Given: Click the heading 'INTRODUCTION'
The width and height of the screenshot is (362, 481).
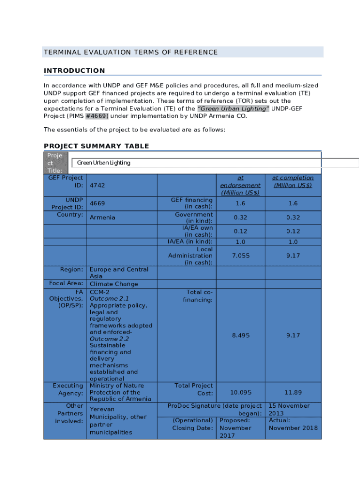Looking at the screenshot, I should [74, 71].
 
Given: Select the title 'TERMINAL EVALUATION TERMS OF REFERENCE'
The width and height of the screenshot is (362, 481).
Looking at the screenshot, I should [131, 52].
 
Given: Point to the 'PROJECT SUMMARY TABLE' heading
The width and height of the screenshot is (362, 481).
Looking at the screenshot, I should [96, 146].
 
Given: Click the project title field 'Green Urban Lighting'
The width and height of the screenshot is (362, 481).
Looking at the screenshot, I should [104, 163].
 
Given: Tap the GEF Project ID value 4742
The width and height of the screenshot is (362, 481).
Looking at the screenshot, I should [97, 186].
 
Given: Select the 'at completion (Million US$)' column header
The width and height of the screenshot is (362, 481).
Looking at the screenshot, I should [293, 181].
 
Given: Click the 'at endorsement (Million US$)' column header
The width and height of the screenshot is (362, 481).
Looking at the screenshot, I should [240, 185].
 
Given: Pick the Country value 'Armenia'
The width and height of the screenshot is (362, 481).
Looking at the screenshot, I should [102, 217].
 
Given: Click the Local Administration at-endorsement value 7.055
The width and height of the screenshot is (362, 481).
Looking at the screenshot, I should [241, 256].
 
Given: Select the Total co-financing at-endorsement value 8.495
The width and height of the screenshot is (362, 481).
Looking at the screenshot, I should [241, 335].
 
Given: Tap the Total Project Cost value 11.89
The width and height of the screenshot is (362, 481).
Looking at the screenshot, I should [293, 392].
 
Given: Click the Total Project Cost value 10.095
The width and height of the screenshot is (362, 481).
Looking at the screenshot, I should [241, 392].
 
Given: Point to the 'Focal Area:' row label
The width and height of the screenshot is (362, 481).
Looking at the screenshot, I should [66, 283].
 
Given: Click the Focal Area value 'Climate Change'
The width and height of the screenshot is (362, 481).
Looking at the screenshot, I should [114, 284].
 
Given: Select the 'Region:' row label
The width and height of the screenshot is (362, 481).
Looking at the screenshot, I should [71, 270].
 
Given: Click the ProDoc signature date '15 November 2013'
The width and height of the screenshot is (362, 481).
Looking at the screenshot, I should [289, 410].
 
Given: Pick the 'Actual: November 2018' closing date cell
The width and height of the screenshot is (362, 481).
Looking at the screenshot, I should [293, 424].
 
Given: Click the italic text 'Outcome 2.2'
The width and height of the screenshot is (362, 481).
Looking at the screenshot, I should [110, 339].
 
